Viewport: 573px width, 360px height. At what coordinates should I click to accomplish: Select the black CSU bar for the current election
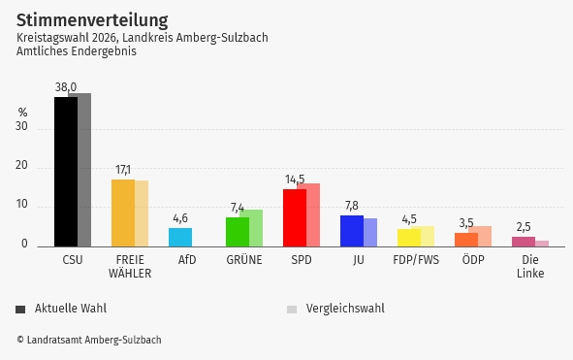click(x=65, y=172)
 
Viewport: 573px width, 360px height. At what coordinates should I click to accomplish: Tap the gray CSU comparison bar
click(x=85, y=170)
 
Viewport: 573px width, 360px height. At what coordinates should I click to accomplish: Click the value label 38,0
click(x=66, y=87)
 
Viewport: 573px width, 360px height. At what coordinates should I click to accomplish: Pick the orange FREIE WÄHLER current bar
click(x=122, y=213)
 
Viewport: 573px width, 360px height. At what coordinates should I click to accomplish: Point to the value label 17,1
click(x=123, y=170)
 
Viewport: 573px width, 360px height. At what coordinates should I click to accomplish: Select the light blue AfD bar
click(x=180, y=237)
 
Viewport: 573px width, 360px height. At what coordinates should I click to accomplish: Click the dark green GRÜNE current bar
click(x=237, y=232)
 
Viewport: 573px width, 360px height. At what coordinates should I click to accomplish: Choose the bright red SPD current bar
click(x=294, y=217)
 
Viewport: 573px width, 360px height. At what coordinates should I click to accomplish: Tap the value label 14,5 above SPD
click(x=295, y=180)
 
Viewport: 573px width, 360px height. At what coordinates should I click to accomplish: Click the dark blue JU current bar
click(x=351, y=231)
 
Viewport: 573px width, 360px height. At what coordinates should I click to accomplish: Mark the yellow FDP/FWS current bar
click(x=408, y=237)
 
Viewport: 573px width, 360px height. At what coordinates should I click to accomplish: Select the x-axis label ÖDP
click(x=473, y=260)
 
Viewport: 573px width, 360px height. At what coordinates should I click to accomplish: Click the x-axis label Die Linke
click(x=530, y=267)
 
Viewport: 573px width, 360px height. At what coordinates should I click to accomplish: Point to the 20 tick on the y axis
click(x=21, y=167)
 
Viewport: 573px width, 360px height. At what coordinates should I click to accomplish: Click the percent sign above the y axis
click(x=22, y=112)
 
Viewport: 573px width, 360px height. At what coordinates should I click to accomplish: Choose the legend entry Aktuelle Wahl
click(x=70, y=309)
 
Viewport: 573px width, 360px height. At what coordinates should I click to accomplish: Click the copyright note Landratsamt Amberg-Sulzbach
click(x=88, y=340)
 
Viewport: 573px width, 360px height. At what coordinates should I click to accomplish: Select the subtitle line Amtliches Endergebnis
click(x=76, y=51)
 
